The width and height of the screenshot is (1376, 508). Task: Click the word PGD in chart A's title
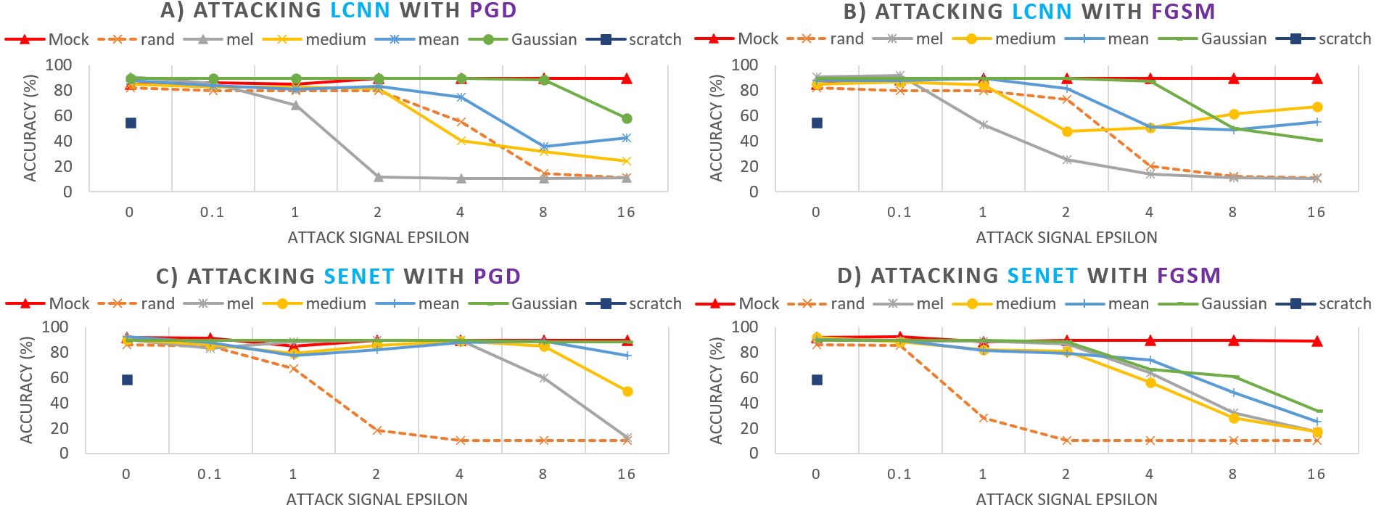(493, 11)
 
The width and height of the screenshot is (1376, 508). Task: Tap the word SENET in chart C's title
(359, 276)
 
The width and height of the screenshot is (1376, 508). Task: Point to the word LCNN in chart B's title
(1042, 12)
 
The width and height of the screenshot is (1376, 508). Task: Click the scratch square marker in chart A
(131, 123)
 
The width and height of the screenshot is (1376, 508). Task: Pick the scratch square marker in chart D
(817, 380)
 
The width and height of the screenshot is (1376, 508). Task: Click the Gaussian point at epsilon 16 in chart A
(627, 118)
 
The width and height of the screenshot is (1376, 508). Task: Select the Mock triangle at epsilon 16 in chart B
(1317, 78)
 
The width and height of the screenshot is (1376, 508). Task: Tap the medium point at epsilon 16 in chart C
(627, 391)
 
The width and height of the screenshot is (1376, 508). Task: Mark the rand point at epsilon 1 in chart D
(984, 418)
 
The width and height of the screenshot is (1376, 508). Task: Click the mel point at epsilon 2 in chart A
(378, 177)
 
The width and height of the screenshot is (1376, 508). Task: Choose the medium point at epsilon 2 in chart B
(1067, 131)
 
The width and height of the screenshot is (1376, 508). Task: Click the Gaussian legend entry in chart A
(523, 39)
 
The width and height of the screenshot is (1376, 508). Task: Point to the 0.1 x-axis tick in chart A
(213, 212)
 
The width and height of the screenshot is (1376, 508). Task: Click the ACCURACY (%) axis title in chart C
(27, 390)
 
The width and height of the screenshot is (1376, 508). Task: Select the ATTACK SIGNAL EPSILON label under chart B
(1066, 237)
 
